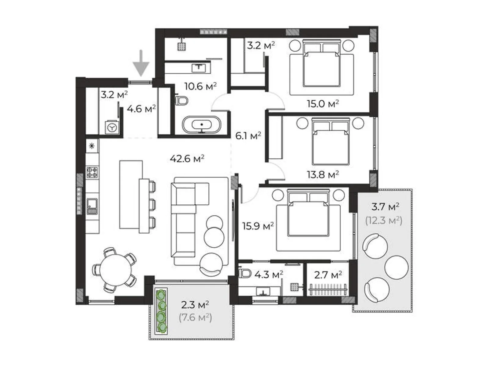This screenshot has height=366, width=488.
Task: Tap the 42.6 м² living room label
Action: tap(187, 159)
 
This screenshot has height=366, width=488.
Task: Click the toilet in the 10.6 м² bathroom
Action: tap(182, 100)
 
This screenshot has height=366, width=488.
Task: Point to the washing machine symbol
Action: tap(112, 127)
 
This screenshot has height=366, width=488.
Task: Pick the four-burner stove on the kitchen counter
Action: tap(92, 172)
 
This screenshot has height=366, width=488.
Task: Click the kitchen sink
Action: tap(92, 206)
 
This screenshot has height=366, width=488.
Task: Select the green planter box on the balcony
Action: tap(161, 311)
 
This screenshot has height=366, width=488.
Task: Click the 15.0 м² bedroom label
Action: tap(322, 104)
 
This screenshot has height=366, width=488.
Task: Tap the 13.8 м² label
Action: tap(322, 175)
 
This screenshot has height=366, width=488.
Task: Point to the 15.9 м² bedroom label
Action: tap(258, 226)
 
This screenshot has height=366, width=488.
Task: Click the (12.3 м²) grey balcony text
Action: tap(384, 220)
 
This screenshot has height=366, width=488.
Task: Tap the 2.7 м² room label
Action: tap(328, 275)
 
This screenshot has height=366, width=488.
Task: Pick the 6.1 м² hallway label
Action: tap(248, 135)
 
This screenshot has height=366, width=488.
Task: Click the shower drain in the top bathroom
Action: tap(182, 46)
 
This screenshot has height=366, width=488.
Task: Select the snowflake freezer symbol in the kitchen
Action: tap(92, 146)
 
